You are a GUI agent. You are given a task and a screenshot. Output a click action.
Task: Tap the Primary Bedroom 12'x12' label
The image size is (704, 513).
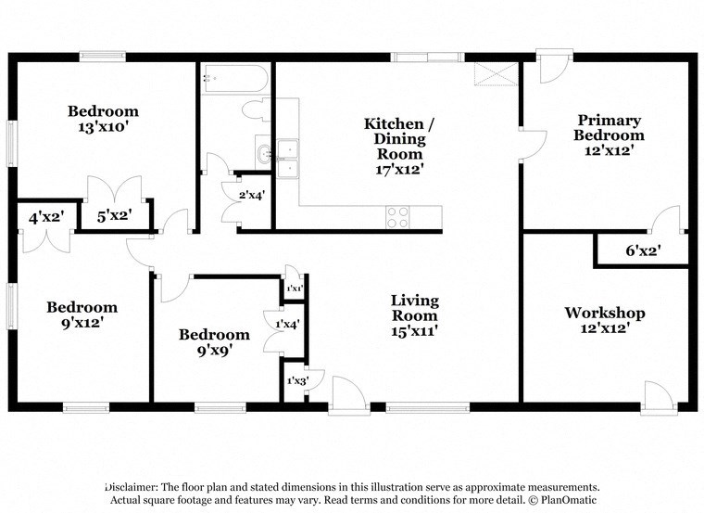tap(610, 134)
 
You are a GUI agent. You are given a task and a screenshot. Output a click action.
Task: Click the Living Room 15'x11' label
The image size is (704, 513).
tap(414, 314)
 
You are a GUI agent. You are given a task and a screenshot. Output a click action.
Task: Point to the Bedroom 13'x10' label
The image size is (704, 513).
tap(103, 119)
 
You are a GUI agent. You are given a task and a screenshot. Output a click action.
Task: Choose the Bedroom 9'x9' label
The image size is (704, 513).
tap(214, 342)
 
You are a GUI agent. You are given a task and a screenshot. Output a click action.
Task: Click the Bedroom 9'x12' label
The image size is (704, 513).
tap(82, 314)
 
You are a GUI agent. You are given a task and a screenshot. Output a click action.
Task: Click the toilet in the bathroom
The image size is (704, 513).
tap(255, 111)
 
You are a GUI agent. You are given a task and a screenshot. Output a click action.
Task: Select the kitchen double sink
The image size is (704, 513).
tap(288, 155)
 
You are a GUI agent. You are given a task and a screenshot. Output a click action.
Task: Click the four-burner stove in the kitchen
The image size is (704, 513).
tap(397, 217)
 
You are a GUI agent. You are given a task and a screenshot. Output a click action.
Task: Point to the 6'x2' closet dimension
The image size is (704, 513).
tap(643, 249)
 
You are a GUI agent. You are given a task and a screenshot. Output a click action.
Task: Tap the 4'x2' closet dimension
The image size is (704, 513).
tap(45, 219)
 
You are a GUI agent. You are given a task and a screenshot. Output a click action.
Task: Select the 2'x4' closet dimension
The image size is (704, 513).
tap(252, 195)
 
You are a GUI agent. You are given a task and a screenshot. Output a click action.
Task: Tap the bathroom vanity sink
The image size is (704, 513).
tap(265, 154)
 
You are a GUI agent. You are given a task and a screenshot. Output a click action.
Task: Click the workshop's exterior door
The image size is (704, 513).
tap(658, 393)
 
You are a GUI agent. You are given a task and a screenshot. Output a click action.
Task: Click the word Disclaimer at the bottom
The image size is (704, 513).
tap(131, 487)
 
